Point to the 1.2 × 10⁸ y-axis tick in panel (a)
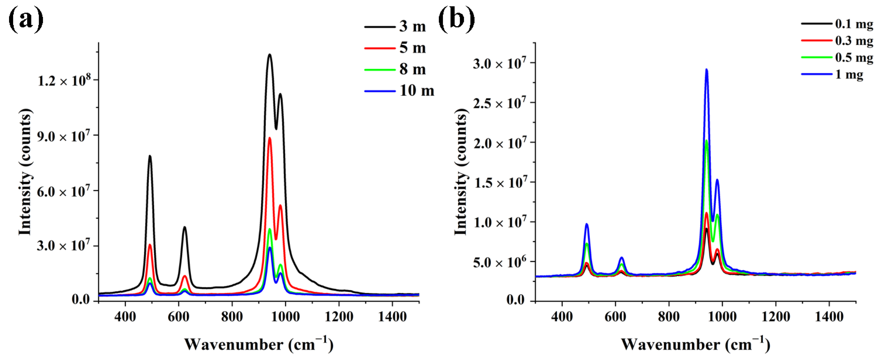[64, 81]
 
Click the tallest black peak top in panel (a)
[270, 55]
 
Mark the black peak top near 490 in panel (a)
[150, 156]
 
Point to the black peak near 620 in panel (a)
[185, 227]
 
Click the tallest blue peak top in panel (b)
[706, 70]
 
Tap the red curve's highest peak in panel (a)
[270, 138]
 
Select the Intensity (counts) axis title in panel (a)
[25, 172]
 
